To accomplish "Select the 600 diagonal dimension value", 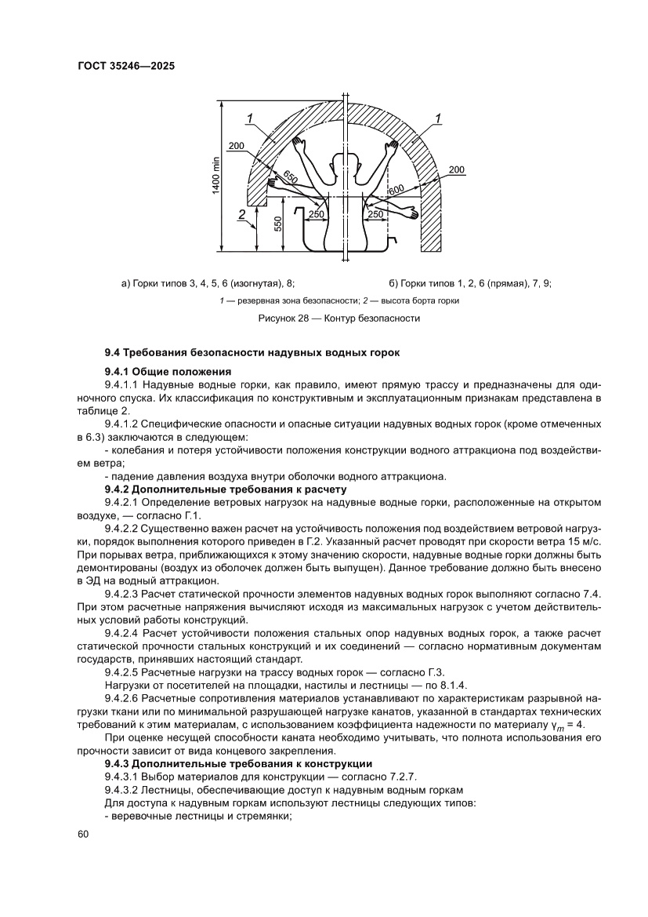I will click(x=396, y=189).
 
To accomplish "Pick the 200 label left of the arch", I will click(x=237, y=146).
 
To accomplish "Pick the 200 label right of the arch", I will click(x=457, y=169).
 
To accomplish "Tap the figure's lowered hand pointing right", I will click(x=408, y=212).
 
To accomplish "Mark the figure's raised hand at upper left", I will click(x=299, y=144).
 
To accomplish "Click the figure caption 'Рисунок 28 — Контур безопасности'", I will click(x=339, y=318).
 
